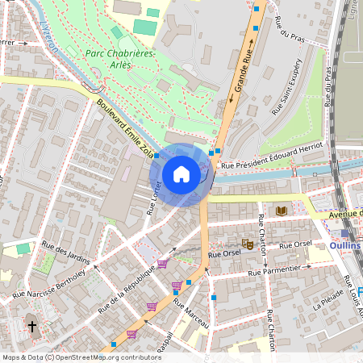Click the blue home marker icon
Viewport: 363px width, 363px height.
tap(181, 173)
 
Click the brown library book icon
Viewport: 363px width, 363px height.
tap(281, 211)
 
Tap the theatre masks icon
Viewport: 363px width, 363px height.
tap(248, 243)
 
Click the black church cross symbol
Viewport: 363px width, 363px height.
tap(32, 327)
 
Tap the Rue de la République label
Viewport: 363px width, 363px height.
tap(125, 289)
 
